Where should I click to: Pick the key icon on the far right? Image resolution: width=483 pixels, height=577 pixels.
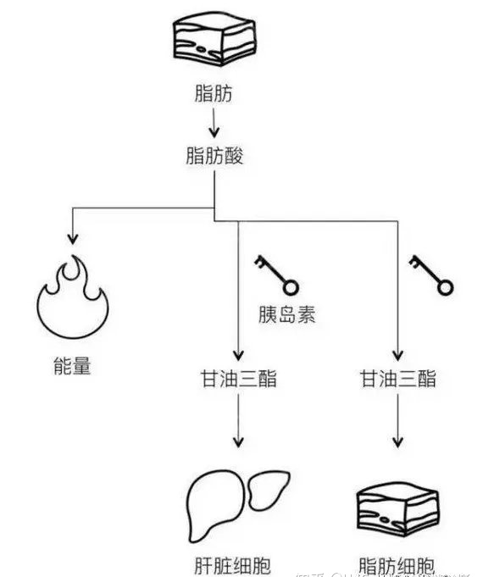pyautogui.click(x=432, y=275)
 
